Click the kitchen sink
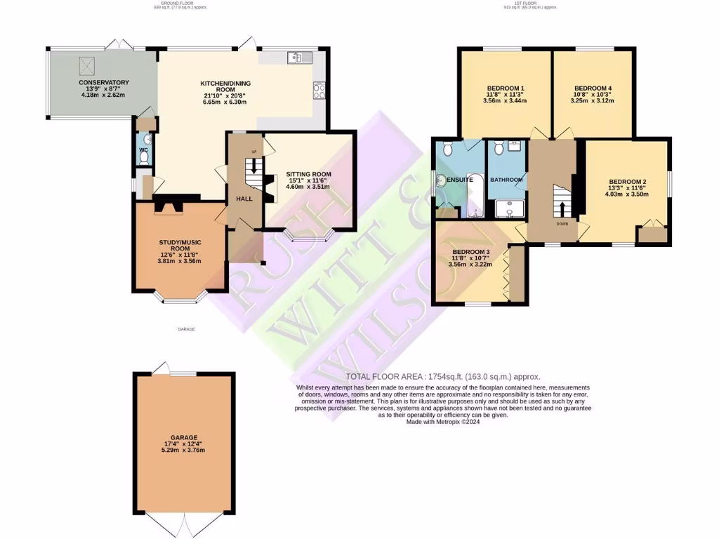296,58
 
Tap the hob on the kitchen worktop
319,89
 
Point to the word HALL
244,199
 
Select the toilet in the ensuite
447,148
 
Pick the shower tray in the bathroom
506,209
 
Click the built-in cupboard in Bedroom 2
652,234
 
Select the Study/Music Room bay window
180,298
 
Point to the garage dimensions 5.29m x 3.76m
180,451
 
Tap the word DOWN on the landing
562,225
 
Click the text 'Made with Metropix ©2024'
443,422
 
